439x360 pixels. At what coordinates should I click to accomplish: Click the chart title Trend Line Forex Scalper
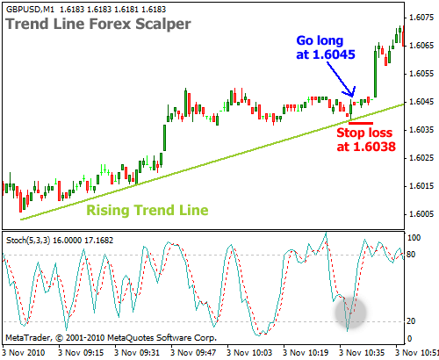(x=98, y=24)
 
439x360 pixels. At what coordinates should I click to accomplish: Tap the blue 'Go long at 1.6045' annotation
(x=326, y=47)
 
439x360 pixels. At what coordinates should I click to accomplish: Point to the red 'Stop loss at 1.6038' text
(x=366, y=140)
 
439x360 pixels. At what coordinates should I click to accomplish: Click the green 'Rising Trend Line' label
(x=148, y=210)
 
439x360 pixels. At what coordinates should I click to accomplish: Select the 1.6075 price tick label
(x=421, y=18)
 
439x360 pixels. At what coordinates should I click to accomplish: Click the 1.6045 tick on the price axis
(x=421, y=102)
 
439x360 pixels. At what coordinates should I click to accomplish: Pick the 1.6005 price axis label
(x=421, y=214)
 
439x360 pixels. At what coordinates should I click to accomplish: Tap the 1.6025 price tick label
(x=421, y=158)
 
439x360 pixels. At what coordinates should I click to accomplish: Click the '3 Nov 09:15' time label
(x=81, y=352)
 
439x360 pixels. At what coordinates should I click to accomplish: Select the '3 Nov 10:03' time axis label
(x=249, y=352)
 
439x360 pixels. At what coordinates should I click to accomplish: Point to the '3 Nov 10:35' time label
(x=362, y=352)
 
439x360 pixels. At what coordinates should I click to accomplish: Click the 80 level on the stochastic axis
(x=411, y=255)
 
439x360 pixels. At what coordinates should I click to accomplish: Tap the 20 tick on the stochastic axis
(x=411, y=321)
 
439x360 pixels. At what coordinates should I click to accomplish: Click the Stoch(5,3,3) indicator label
(x=28, y=241)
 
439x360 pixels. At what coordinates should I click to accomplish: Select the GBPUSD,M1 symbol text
(x=30, y=10)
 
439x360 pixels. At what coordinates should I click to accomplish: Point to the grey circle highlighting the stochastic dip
(x=350, y=312)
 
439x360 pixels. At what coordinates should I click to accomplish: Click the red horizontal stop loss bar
(x=361, y=123)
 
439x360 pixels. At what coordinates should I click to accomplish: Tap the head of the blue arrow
(x=352, y=96)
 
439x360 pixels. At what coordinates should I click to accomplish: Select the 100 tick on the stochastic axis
(x=414, y=238)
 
